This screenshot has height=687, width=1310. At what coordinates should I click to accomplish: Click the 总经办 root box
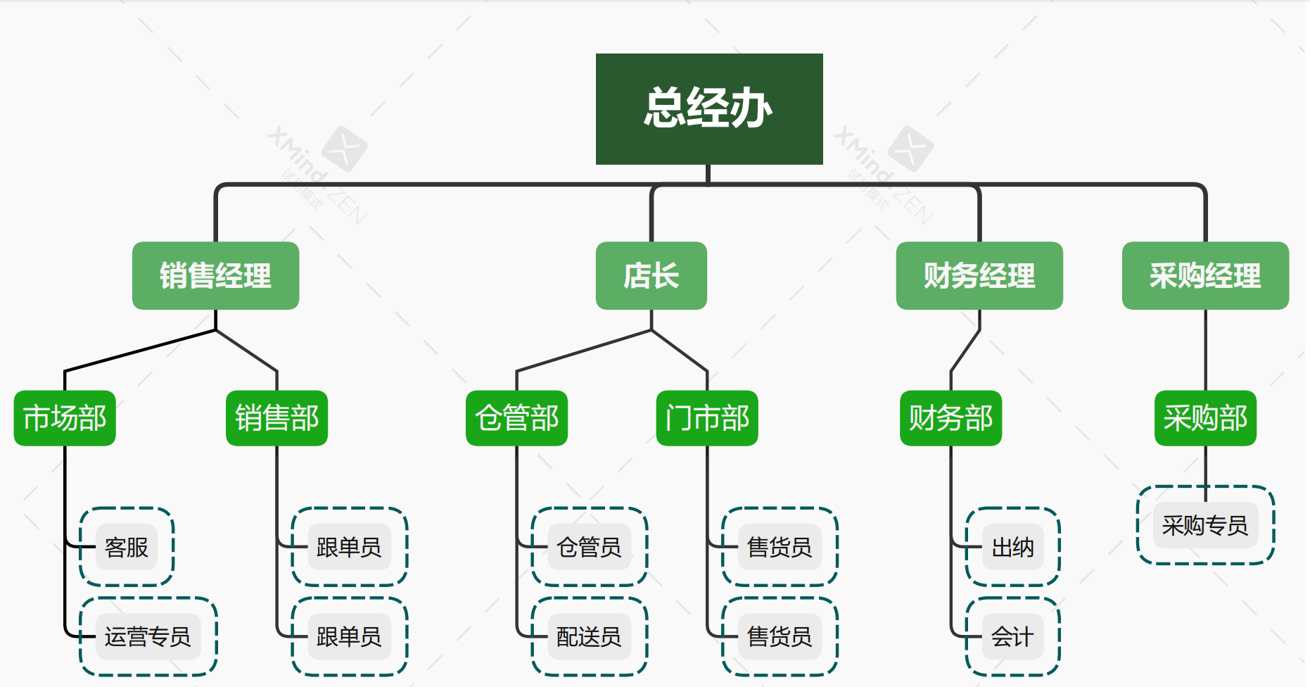click(x=709, y=109)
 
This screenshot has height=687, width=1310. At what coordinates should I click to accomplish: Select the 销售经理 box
click(x=215, y=275)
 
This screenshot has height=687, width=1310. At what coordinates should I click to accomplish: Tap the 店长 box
click(x=651, y=275)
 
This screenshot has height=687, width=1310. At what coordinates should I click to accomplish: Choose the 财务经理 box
click(x=979, y=275)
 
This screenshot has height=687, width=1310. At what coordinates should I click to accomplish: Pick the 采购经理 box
click(x=1205, y=275)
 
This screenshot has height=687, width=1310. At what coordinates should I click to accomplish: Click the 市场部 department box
click(x=65, y=418)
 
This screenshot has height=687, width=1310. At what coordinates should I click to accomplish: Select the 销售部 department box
click(x=276, y=418)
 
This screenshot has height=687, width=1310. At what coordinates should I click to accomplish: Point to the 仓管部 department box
click(x=516, y=418)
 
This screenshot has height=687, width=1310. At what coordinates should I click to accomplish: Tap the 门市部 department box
click(x=707, y=418)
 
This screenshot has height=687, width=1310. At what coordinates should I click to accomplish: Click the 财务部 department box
click(x=950, y=418)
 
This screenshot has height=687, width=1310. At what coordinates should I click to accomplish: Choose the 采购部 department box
click(x=1205, y=418)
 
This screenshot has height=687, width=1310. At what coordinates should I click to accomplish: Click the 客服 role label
click(x=127, y=547)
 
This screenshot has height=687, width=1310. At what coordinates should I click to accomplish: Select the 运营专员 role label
click(x=148, y=636)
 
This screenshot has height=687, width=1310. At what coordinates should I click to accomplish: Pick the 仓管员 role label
click(x=589, y=547)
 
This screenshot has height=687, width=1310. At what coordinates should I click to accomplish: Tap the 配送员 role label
click(x=589, y=636)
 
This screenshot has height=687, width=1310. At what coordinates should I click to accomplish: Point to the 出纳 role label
click(x=1012, y=547)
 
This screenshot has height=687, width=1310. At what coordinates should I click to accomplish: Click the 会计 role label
click(x=1012, y=636)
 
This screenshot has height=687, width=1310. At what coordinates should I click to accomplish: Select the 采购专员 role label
click(x=1205, y=525)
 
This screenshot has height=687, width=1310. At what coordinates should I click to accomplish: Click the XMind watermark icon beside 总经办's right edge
click(x=910, y=149)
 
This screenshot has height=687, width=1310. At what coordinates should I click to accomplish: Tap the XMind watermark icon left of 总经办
click(x=344, y=149)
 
